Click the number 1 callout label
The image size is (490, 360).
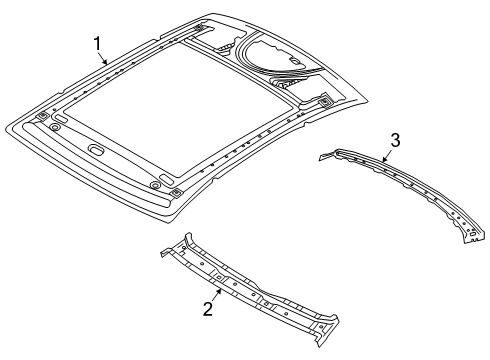98,43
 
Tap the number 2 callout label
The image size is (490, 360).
208,309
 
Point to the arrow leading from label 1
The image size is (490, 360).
104,57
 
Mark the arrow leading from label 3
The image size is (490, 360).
388,154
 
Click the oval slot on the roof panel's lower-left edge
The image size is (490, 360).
98,151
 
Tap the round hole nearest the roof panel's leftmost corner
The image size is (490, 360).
56,122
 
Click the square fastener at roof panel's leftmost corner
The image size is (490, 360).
42,116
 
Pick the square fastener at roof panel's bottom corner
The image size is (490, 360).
176,191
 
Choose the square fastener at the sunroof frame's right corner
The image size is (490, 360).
327,101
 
